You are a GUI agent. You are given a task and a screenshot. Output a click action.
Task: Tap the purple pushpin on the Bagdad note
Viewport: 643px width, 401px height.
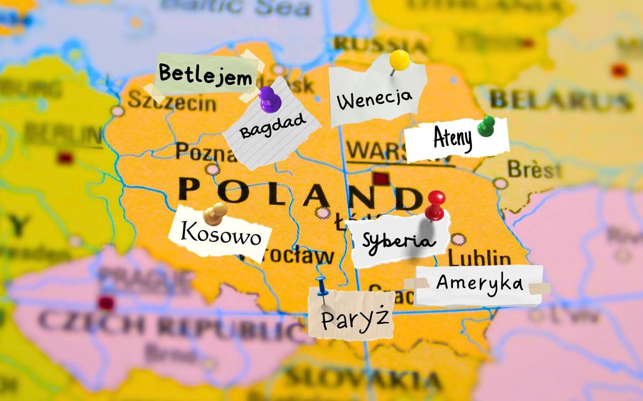(270, 99)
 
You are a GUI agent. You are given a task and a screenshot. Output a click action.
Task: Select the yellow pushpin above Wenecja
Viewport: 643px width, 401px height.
(399, 60)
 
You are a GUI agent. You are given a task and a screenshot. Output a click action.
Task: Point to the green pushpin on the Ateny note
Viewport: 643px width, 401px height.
(486, 126)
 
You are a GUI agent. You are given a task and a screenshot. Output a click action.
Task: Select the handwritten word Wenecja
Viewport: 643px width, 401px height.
(375, 99)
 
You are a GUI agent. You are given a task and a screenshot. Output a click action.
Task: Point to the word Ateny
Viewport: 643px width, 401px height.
(453, 140)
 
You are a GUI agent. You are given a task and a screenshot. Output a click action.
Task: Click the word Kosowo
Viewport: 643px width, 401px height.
(221, 234)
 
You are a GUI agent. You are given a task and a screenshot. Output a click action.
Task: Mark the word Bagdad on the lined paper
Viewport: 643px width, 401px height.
(273, 125)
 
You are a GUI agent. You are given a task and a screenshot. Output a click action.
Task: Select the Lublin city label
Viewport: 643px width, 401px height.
(480, 258)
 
